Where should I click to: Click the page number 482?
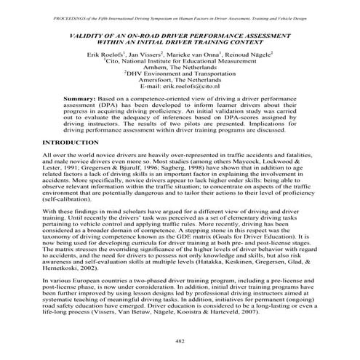pyautogui.click(x=179, y=341)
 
